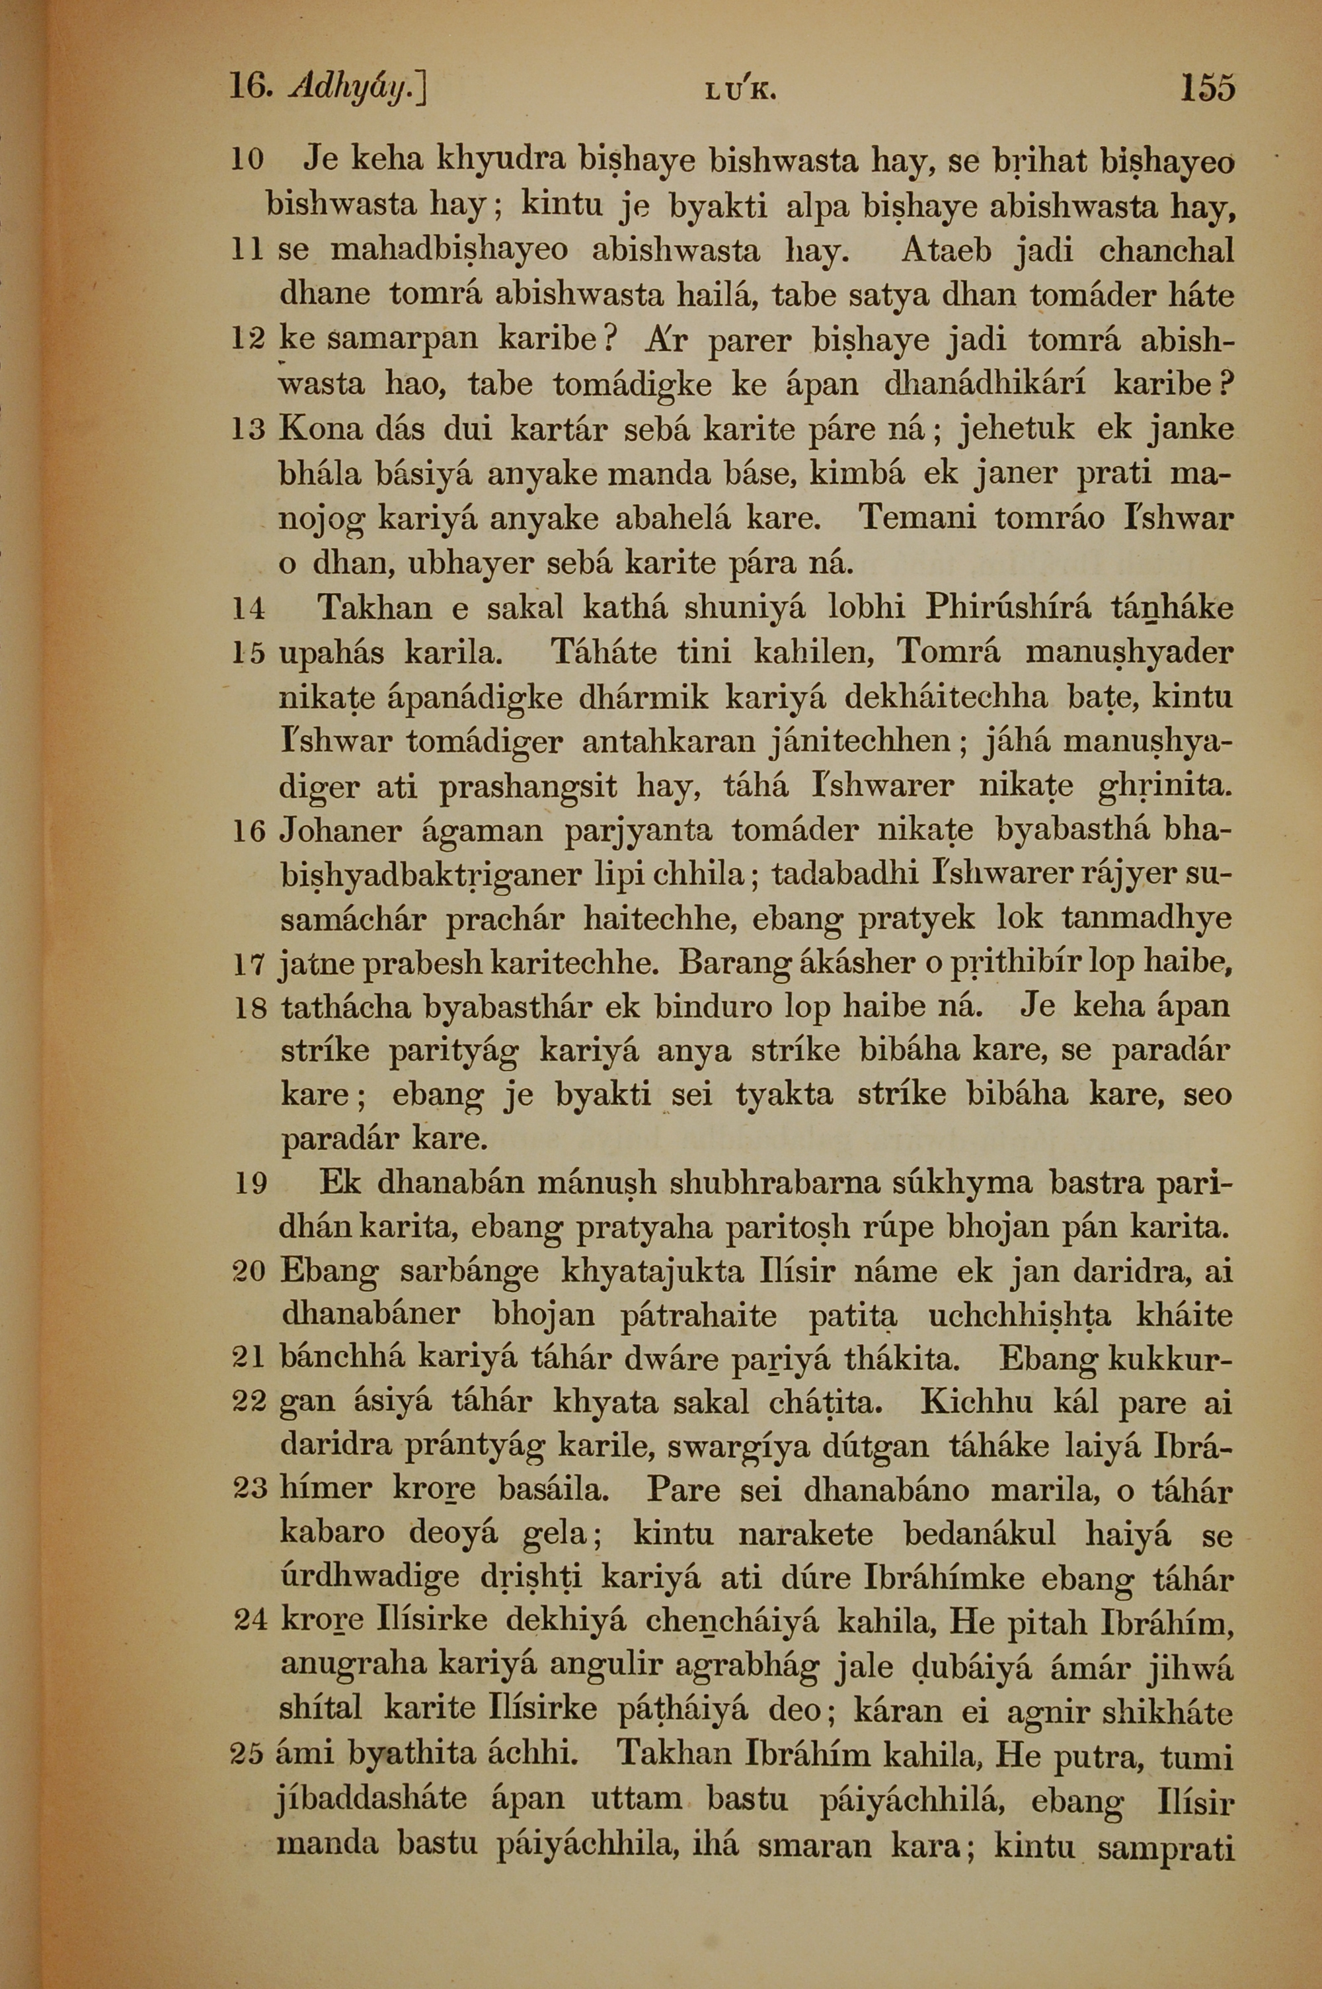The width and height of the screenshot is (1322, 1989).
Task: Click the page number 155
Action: click(1208, 88)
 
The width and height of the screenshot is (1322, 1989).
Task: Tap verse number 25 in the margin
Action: click(248, 1759)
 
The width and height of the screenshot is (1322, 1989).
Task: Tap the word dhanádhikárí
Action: click(985, 386)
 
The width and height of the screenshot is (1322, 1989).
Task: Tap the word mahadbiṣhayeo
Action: click(449, 251)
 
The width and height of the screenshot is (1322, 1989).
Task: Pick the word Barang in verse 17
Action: click(731, 963)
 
